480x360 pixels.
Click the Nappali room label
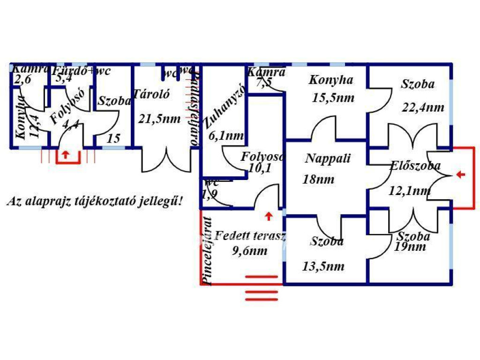point(328,158)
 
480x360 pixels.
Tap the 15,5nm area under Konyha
point(333,98)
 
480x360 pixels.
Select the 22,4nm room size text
point(423,107)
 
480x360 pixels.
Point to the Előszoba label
point(415,165)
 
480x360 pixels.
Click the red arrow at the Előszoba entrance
point(461,175)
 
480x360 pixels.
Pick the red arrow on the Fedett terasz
point(269,217)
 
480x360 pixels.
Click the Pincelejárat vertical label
point(206,251)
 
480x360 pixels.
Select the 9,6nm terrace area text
point(250,251)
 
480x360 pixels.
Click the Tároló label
point(151,93)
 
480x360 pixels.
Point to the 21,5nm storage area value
point(159,118)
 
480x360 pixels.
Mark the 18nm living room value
point(319,179)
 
